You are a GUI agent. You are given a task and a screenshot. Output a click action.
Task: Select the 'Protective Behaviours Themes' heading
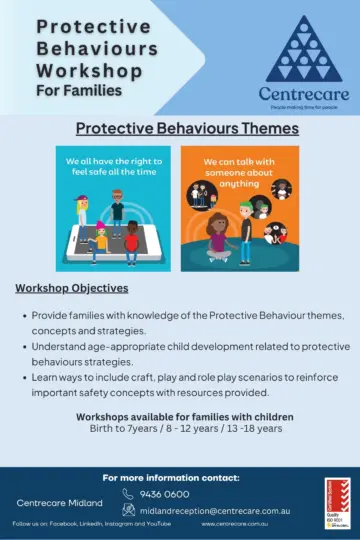187,129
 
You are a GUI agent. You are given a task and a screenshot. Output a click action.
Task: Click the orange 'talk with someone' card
238,208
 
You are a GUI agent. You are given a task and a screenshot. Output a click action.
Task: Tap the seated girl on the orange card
218,240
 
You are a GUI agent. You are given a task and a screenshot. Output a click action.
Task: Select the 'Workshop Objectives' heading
71,288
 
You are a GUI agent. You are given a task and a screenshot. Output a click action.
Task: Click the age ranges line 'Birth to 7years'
185,428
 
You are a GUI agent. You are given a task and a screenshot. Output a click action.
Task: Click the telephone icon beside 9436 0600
128,493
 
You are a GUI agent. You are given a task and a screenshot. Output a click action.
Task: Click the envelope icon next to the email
128,509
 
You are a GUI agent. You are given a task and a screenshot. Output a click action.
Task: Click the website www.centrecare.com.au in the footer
234,523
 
